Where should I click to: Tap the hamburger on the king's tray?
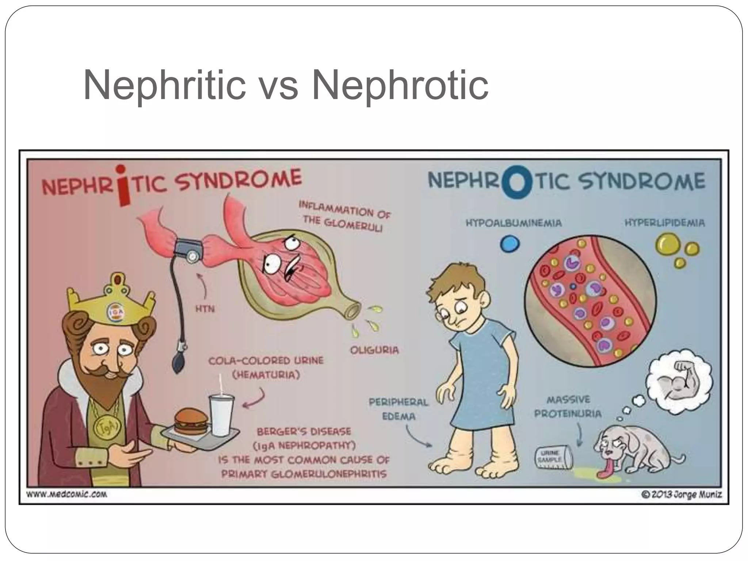click(x=191, y=421)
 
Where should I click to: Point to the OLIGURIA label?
click(x=374, y=350)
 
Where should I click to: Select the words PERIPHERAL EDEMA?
click(x=398, y=409)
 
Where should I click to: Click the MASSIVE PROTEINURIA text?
click(x=568, y=407)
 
